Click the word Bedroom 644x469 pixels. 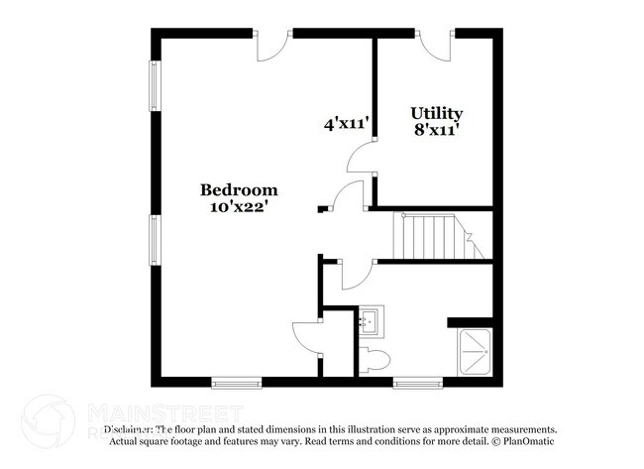[239, 189]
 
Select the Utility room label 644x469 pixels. [436, 113]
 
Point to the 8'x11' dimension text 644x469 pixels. [436, 130]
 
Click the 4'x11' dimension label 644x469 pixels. [346, 124]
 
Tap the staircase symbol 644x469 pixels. [432, 235]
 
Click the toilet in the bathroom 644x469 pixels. [376, 359]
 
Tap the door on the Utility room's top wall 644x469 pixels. [436, 42]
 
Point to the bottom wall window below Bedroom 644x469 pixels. [236, 381]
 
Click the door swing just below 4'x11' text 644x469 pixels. [364, 156]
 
